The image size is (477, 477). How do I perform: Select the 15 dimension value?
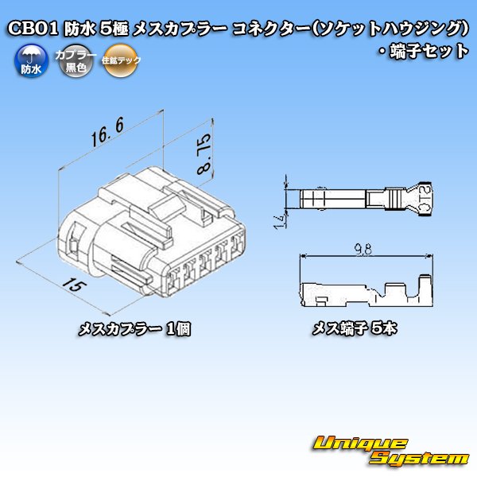tap(72, 284)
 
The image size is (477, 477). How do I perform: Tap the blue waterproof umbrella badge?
tap(29, 62)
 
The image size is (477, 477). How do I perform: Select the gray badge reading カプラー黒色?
tap(76, 62)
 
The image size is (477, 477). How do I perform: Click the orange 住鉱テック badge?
tap(121, 62)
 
